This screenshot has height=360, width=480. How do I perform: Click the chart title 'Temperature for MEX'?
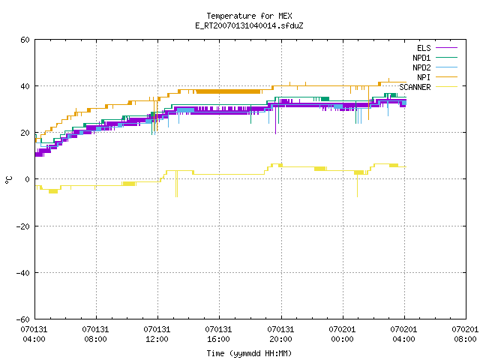[249, 16]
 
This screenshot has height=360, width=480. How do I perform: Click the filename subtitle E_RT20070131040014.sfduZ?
[249, 25]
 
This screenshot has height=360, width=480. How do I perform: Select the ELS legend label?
[424, 48]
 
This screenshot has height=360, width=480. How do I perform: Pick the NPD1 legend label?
[421, 58]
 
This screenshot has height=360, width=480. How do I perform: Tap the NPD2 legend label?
[421, 67]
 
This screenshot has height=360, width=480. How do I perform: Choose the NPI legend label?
[424, 77]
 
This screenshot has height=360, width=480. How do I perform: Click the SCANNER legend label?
[415, 87]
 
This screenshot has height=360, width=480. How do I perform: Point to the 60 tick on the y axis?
[25, 40]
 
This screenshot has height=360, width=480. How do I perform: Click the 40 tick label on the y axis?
[25, 86]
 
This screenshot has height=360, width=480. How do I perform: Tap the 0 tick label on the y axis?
[28, 179]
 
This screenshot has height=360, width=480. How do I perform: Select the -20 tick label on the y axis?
[23, 226]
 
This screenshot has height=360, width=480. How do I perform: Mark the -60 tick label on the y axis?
[23, 319]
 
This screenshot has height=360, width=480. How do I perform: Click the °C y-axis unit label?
[8, 180]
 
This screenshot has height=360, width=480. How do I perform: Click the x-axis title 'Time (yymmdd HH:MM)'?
[249, 353]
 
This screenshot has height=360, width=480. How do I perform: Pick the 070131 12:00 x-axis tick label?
[157, 334]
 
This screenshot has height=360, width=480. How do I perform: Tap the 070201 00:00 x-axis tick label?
[342, 334]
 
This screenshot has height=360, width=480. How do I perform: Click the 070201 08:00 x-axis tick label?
[465, 334]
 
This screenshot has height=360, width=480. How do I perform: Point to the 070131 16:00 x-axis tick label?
[218, 334]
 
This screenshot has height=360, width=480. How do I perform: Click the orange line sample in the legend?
[447, 77]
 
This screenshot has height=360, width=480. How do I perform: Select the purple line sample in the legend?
[447, 48]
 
